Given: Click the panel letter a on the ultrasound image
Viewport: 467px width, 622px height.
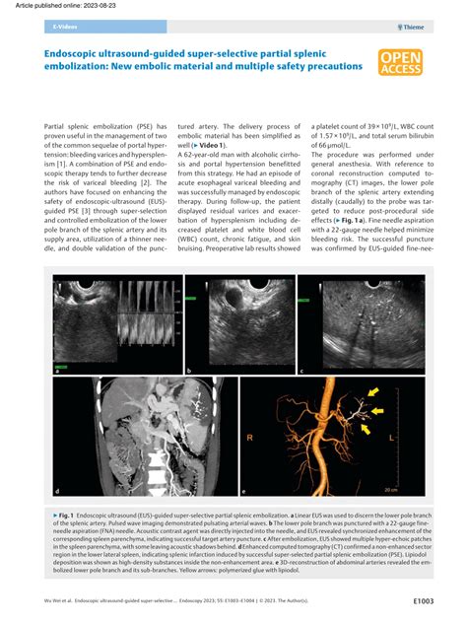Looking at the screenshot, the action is coord(58,371).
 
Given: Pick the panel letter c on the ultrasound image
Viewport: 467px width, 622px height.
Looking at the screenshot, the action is coord(300,371).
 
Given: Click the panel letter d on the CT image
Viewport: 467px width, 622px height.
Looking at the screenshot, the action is coord(58,491).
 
